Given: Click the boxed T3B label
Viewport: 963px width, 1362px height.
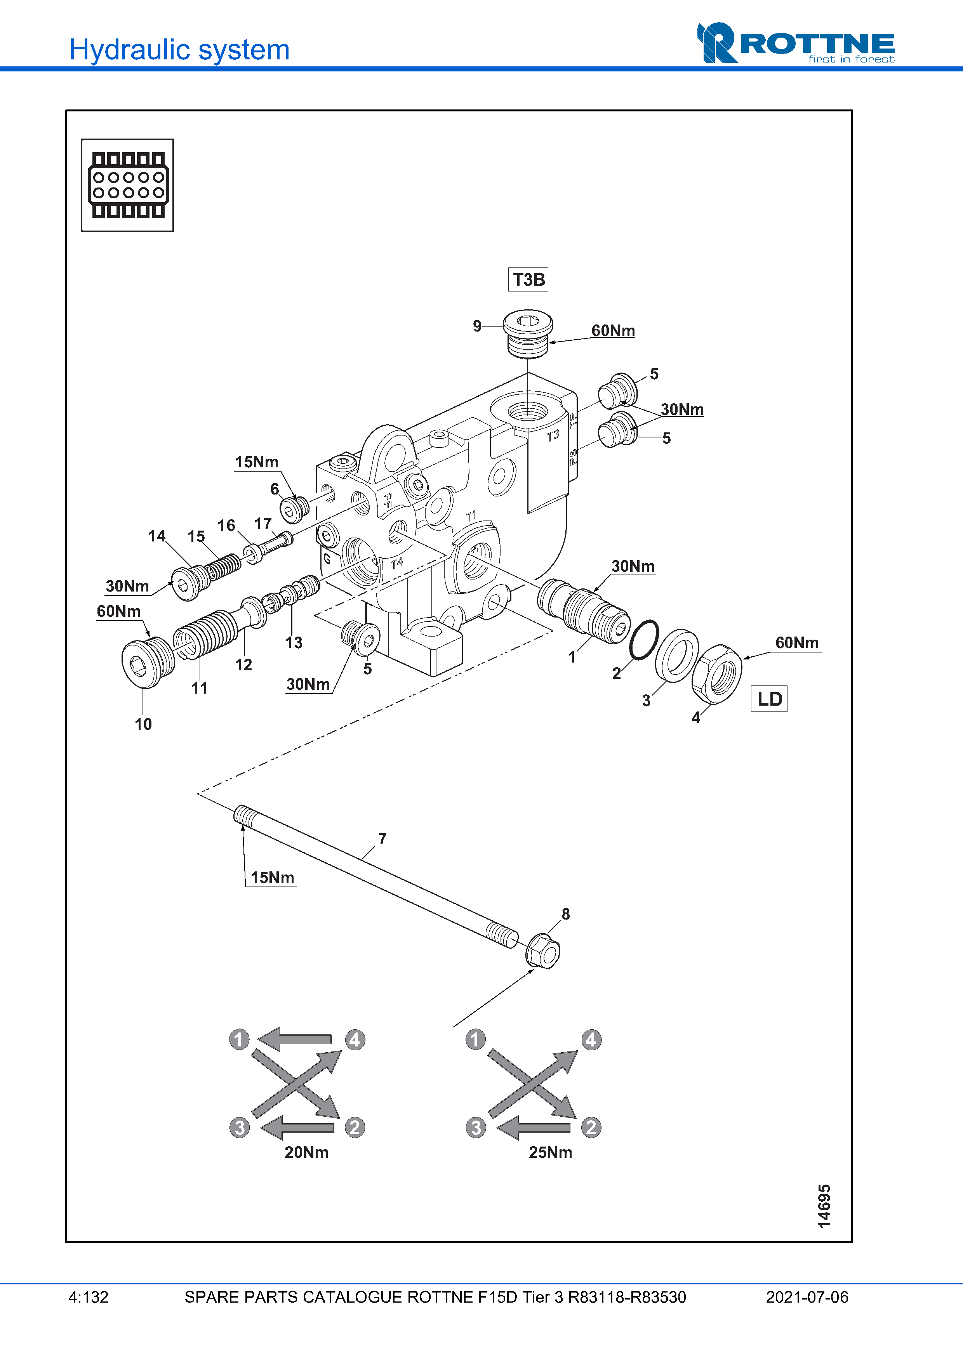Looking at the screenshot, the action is (528, 279).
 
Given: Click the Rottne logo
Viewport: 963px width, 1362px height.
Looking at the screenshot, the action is (796, 43).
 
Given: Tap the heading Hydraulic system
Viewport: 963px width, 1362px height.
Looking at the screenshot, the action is (179, 50).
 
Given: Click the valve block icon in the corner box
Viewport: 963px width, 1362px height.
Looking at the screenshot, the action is (128, 185).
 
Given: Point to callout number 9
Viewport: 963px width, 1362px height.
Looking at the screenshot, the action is (477, 326).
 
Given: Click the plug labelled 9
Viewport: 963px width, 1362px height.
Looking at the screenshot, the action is (527, 333).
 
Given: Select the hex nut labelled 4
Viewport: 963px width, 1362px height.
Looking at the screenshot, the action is (717, 674).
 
